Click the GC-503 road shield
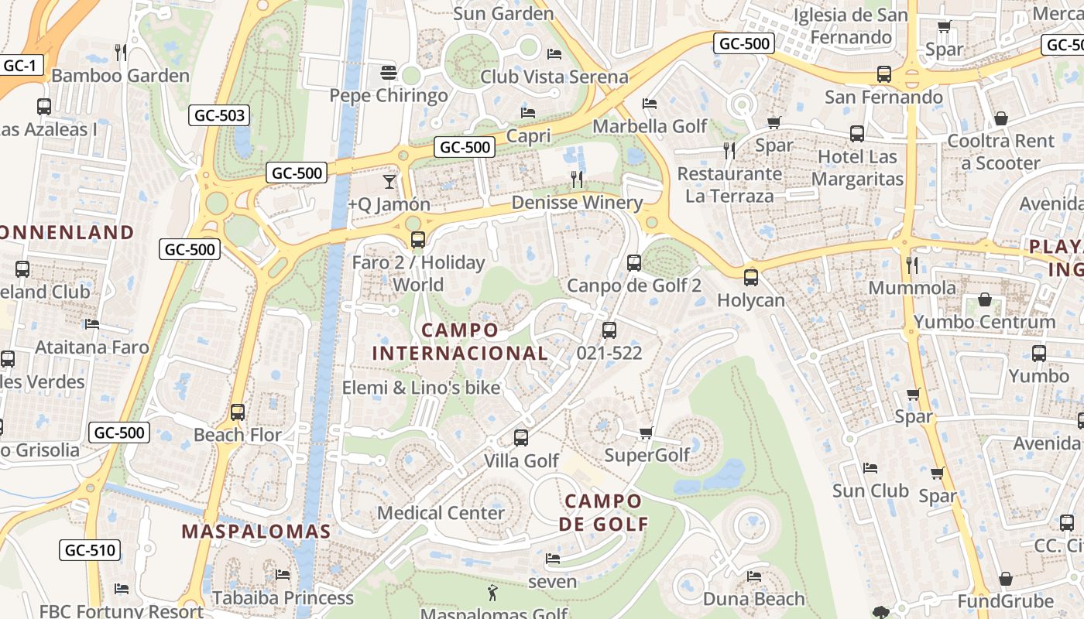click(x=220, y=116)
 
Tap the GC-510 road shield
click(x=91, y=551)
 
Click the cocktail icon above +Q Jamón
click(x=389, y=182)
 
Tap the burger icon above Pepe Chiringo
click(x=389, y=73)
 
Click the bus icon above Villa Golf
click(x=521, y=438)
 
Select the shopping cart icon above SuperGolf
click(x=647, y=433)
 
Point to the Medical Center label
click(x=441, y=513)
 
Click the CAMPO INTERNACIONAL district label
click(x=460, y=342)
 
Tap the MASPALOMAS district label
click(x=256, y=532)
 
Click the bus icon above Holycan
click(x=750, y=278)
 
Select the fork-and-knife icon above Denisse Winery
click(x=576, y=180)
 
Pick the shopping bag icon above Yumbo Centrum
click(x=985, y=299)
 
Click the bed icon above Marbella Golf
click(x=650, y=104)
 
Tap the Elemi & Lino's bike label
click(x=421, y=388)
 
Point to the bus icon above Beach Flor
click(x=238, y=412)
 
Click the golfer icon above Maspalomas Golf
click(x=492, y=593)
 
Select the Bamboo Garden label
click(x=120, y=76)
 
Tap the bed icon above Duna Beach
click(x=753, y=576)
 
